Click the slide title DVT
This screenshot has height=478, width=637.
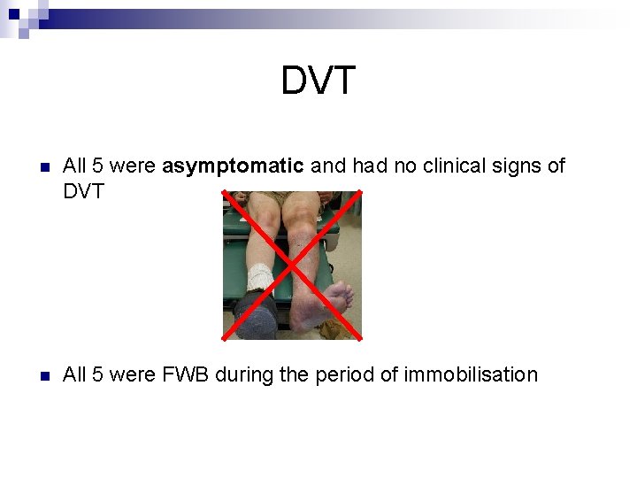pos(318,81)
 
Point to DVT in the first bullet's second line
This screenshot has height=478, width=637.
pos(83,191)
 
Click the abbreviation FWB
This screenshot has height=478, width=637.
pos(181,374)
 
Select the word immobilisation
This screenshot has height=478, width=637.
pos(471,374)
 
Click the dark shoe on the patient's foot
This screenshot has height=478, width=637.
pos(257,313)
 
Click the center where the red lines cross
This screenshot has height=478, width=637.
pos(292,265)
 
